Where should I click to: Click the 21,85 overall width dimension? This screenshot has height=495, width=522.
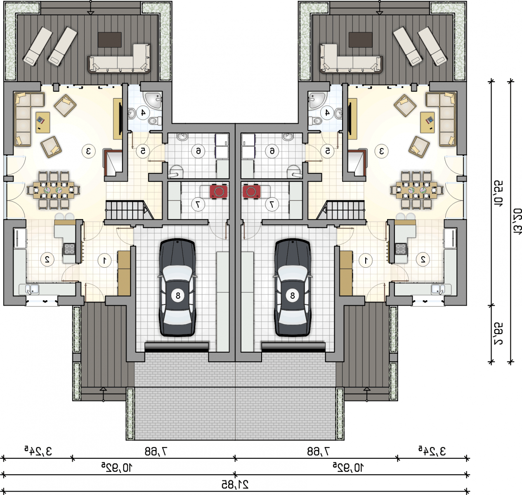[x=235, y=485]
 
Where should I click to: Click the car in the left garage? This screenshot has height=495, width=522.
[x=177, y=288]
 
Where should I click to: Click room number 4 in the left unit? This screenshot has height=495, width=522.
[x=143, y=113]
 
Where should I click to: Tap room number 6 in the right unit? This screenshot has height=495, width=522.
[x=272, y=151]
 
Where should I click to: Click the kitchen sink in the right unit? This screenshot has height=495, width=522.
[x=438, y=289]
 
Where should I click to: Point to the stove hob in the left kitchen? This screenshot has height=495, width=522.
[x=69, y=249]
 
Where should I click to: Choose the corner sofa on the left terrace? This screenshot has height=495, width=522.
[x=119, y=59]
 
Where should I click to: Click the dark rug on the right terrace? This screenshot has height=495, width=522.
[x=360, y=40]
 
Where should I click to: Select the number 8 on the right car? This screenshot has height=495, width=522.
[x=292, y=295]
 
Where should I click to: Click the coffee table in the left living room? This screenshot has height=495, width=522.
[x=43, y=123]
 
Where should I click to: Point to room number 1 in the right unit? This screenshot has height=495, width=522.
[x=366, y=260]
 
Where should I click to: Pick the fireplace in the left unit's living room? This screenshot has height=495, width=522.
[x=113, y=163]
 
